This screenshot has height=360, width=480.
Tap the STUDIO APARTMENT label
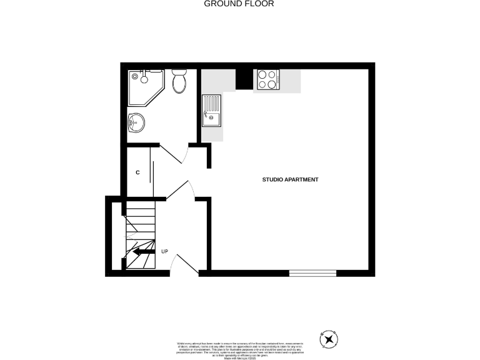tap(290, 180)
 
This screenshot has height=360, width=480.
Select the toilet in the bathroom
tap(179, 81)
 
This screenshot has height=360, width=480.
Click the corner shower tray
tap(142, 84)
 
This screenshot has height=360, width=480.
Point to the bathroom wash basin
tap(136, 123)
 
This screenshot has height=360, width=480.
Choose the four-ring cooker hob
tap(267, 80)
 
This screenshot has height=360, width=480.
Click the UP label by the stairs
tap(165, 252)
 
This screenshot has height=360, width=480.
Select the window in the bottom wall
tap(312, 273)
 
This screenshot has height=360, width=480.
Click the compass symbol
tap(328, 340)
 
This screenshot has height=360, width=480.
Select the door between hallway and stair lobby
tap(181, 190)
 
